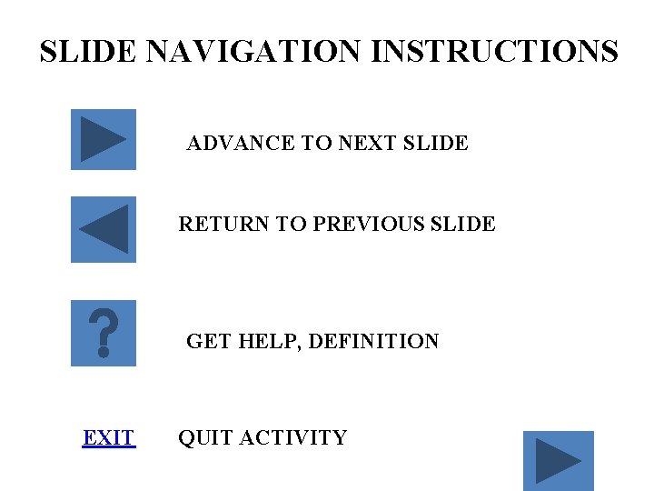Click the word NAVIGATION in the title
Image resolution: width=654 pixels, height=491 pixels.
coord(253,51)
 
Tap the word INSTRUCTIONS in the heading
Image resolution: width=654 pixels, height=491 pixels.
coord(494,51)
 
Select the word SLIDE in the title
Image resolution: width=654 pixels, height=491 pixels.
coord(87,51)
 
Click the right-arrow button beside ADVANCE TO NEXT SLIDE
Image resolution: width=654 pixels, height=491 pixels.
coord(104,139)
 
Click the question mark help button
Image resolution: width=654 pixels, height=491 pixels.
coord(104,333)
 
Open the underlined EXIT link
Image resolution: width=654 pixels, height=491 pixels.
coord(108,438)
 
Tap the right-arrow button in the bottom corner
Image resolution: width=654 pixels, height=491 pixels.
coord(558,461)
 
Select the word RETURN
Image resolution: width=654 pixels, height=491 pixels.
coord(215,224)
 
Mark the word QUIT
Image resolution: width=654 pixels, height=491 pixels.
coord(202,438)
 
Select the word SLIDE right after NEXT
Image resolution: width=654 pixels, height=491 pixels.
coord(434,143)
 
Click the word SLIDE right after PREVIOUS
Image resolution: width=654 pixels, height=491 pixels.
coord(461,224)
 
